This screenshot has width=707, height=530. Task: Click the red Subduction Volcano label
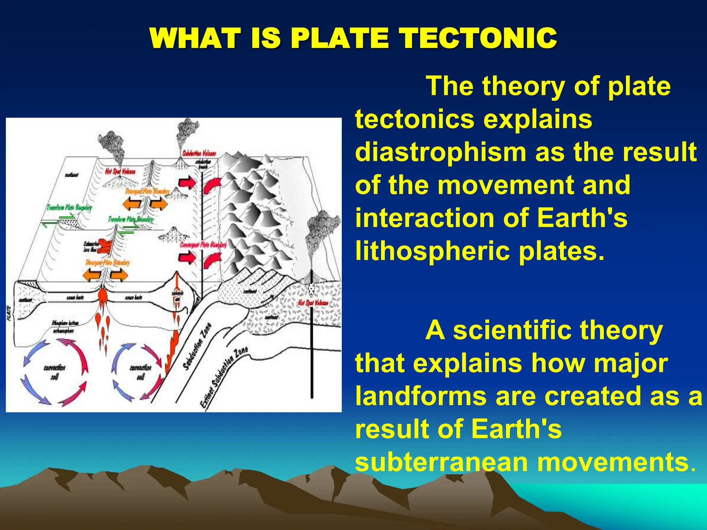[199, 154]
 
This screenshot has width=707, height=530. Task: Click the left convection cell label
[54, 372]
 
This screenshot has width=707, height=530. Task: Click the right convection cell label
[141, 372]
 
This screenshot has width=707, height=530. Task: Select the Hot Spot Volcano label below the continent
[313, 303]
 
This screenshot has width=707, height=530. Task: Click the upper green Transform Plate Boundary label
[69, 207]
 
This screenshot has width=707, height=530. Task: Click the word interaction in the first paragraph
[424, 218]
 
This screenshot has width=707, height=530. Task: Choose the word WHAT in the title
[195, 38]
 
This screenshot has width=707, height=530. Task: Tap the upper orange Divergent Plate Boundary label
[147, 192]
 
